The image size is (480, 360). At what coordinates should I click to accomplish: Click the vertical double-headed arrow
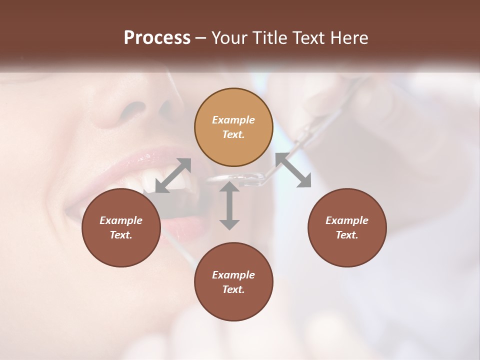click(229, 205)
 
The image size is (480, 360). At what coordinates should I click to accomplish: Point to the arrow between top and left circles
click(173, 175)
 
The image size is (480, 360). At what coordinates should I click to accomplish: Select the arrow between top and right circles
click(293, 170)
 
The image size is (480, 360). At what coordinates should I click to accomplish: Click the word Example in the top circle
click(233, 120)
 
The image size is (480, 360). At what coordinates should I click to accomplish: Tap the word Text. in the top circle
click(233, 134)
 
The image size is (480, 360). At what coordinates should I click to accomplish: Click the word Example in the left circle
click(121, 220)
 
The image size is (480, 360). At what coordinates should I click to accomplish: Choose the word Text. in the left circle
click(121, 235)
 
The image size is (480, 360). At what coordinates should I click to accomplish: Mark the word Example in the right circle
click(346, 220)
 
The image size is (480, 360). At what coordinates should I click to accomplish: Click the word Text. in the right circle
click(346, 235)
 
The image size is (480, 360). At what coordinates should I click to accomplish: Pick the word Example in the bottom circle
click(233, 275)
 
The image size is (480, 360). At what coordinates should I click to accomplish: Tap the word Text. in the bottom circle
click(233, 289)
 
